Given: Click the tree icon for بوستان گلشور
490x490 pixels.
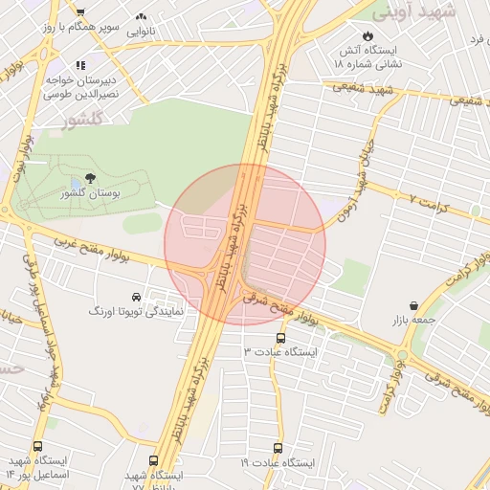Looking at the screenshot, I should (x=90, y=178).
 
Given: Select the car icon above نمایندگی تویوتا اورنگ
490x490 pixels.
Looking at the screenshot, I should (x=137, y=297).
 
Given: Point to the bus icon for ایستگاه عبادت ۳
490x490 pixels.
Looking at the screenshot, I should (x=280, y=338).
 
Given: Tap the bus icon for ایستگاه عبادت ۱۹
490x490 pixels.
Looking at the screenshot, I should (x=278, y=448).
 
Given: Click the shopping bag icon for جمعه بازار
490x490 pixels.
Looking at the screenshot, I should (x=412, y=305).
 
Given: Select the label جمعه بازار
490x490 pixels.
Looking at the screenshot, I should (x=412, y=320).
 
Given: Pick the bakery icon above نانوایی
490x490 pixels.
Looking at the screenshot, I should (x=142, y=16).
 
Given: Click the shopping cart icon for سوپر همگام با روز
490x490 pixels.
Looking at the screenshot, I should (x=80, y=11).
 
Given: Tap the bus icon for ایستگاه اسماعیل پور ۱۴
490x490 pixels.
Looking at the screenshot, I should (x=38, y=447).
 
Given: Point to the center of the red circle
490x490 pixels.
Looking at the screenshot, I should (x=245, y=245).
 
